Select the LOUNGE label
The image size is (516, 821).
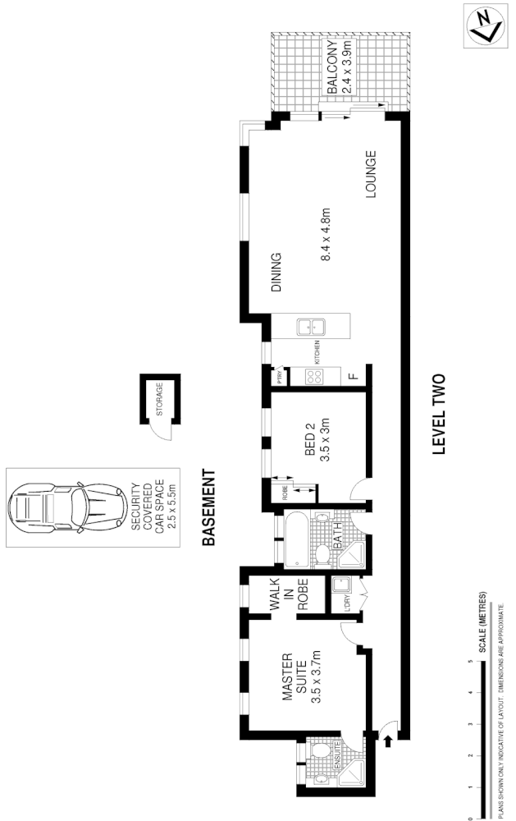[x=370, y=175]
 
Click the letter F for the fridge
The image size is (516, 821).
[x=353, y=377]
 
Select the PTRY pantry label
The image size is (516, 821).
[x=281, y=378]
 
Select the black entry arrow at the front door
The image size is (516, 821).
[x=388, y=741]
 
